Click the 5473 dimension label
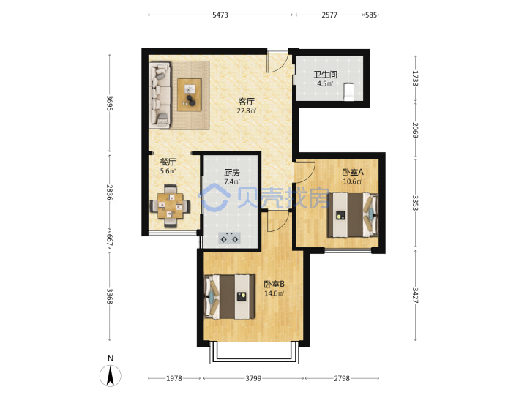click(220, 15)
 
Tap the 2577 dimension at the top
click(329, 15)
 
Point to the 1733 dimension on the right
click(416, 78)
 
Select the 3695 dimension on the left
click(110, 103)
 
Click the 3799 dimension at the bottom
click(253, 378)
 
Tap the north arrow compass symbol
click(111, 375)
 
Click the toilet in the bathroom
click(348, 91)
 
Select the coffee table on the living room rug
click(190, 94)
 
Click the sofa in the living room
click(160, 94)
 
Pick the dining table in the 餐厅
click(171, 206)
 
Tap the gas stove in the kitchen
click(230, 238)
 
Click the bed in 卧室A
click(353, 215)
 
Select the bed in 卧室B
click(230, 296)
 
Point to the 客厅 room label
click(247, 101)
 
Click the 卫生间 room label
click(325, 74)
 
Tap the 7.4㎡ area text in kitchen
click(232, 181)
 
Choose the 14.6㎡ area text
click(274, 293)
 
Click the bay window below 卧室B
click(254, 353)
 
